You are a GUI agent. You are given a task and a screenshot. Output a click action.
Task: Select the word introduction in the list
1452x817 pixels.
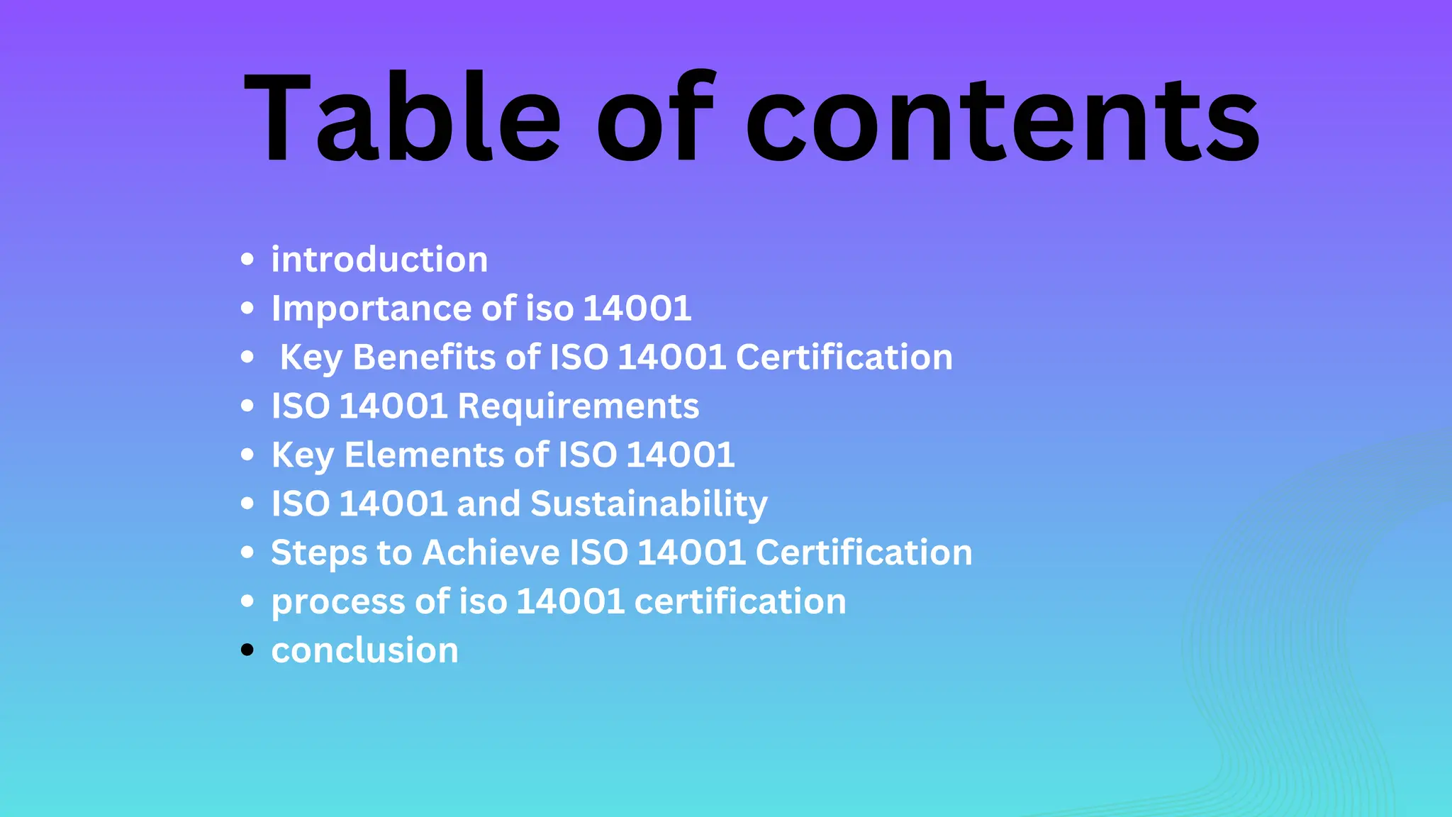coord(379,260)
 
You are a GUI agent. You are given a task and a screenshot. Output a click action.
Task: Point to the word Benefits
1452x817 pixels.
coord(424,357)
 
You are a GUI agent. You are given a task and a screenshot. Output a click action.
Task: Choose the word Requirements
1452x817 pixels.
coord(578,406)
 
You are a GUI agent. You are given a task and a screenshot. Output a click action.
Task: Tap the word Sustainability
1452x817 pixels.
coord(649,504)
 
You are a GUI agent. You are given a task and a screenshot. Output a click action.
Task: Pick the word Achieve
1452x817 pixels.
coord(491,552)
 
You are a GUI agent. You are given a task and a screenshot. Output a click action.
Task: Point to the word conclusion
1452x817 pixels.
coord(364,650)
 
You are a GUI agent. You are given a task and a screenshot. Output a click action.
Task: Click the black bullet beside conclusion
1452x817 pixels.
coord(247,650)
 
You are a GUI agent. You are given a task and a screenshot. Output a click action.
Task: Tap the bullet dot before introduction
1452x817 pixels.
coord(247,259)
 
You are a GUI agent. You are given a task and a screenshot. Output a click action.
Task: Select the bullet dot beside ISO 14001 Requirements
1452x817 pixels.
coord(247,406)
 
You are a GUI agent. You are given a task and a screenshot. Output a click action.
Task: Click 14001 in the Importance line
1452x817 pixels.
coord(637,309)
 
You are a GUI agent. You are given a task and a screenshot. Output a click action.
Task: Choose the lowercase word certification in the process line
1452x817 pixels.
coord(739,601)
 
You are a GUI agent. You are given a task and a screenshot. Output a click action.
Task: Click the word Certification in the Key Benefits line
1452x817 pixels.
coord(844,357)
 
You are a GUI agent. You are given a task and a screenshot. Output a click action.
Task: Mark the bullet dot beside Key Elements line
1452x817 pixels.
coord(247,455)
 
